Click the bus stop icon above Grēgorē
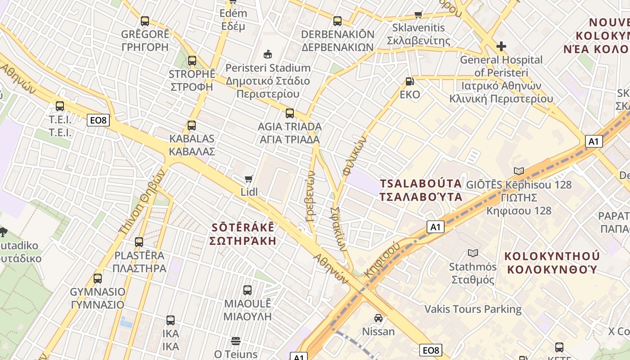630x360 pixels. tap(144, 21)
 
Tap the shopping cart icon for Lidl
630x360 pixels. tap(249, 179)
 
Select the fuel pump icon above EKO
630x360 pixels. tap(409, 81)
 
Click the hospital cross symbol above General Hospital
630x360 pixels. tap(501, 46)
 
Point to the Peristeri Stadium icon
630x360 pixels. tap(268, 54)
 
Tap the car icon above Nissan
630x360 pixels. tap(378, 318)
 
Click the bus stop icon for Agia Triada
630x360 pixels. tap(290, 113)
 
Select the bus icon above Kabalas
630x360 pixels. tap(192, 126)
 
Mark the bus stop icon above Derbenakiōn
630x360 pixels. tap(337, 21)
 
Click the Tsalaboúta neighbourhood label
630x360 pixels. tap(421, 190)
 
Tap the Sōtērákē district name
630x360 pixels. tap(243, 234)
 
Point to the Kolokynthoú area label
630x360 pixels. tap(552, 263)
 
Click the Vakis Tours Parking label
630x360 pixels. tap(473, 309)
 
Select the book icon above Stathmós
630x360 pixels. tap(473, 253)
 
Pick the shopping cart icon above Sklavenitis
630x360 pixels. tap(418, 14)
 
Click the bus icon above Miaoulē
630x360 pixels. tap(247, 290)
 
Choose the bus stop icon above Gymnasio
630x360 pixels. tap(98, 278)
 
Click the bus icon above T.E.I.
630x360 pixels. tap(60, 106)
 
